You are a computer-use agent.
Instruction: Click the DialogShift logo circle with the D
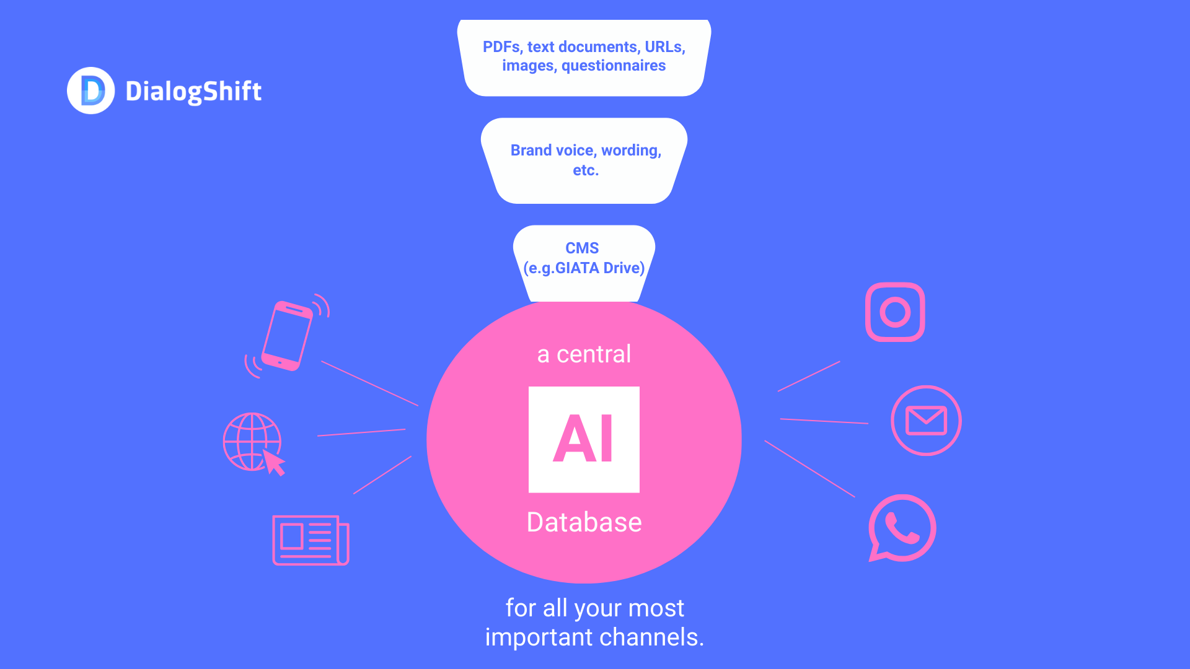pos(90,90)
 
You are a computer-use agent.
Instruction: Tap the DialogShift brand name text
pos(193,92)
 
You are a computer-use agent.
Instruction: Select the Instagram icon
pos(895,312)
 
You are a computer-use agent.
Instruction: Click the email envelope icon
pos(926,421)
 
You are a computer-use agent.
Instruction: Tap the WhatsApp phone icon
pos(902,528)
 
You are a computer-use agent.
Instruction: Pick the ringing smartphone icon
pos(286,336)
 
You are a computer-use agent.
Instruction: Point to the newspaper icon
pos(311,540)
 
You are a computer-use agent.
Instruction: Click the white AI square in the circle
pos(584,439)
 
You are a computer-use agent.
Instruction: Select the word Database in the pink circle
pos(584,522)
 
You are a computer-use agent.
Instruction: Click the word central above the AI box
pos(594,354)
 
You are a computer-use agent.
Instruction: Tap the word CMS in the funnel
pos(582,248)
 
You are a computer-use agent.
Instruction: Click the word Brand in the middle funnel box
pos(531,151)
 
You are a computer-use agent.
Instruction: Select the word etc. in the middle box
pos(586,170)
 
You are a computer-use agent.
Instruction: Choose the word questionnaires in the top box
pos(614,66)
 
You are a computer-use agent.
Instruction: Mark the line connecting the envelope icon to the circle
pos(824,421)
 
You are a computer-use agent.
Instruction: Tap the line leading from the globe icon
pos(361,432)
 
